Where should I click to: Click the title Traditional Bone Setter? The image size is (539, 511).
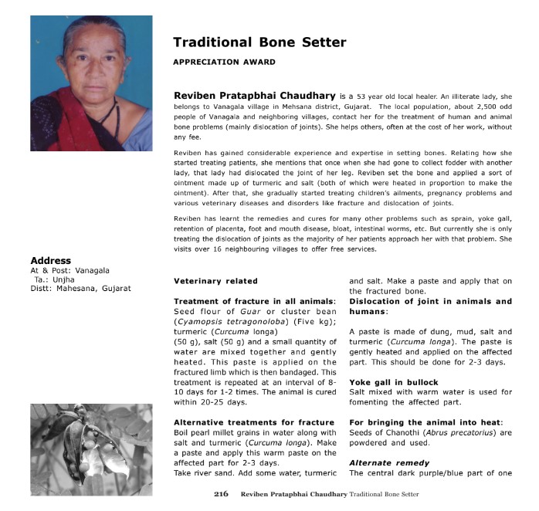[259, 42]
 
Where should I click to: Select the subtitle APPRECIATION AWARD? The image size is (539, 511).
[224, 63]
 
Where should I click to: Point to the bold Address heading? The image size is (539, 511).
[50, 261]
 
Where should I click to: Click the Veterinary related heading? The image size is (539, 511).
[215, 281]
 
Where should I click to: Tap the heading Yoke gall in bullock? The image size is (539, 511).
[394, 382]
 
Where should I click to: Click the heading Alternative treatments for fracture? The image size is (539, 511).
[254, 422]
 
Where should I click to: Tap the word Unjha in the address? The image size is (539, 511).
[63, 279]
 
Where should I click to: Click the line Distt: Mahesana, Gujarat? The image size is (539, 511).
[80, 289]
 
